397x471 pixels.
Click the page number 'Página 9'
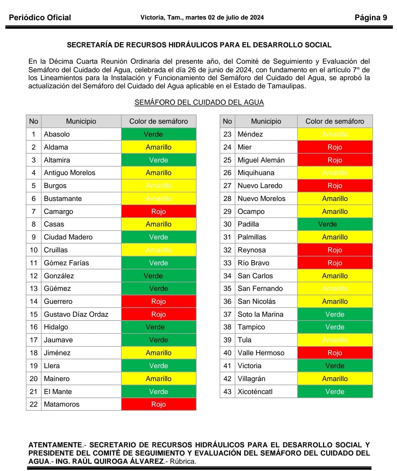click(371, 18)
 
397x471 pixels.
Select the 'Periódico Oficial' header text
click(40, 18)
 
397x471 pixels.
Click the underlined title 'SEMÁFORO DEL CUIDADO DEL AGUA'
click(199, 103)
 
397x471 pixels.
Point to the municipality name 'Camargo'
click(58, 211)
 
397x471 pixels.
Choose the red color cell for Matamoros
click(158, 404)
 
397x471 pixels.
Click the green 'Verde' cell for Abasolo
click(158, 134)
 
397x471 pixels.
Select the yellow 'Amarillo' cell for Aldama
click(158, 147)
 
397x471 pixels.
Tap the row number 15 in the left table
click(34, 315)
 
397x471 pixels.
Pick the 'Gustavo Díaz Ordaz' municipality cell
click(76, 315)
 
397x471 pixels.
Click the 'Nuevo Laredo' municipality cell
click(260, 186)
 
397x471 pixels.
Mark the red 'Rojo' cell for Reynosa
click(335, 250)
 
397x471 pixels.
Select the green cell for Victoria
click(335, 366)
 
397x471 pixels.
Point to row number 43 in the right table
click(227, 392)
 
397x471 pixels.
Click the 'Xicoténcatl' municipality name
click(255, 392)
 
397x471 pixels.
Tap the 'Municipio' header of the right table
click(266, 121)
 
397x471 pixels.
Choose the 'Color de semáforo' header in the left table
click(158, 121)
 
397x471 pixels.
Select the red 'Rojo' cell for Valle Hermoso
click(335, 353)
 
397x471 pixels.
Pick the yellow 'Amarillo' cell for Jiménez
click(158, 353)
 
